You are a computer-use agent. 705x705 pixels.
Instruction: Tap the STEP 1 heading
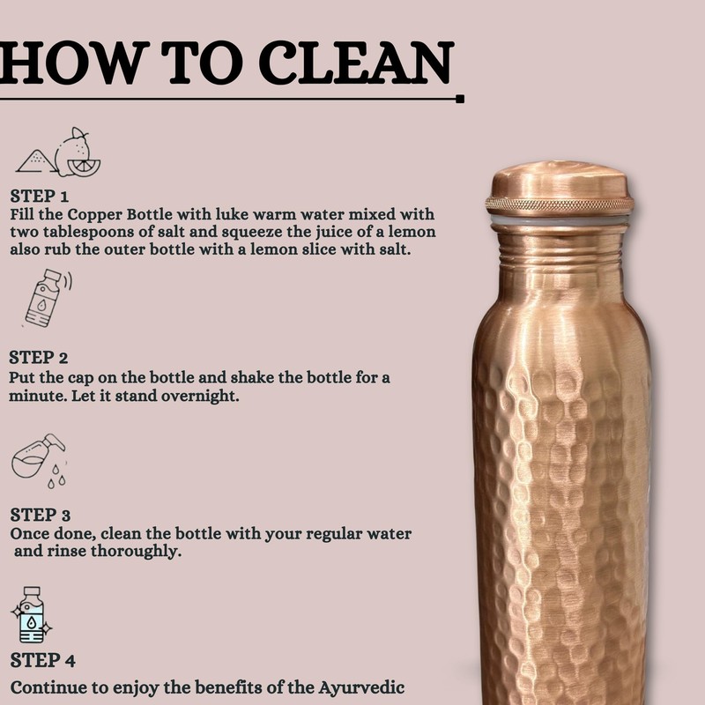click(x=39, y=196)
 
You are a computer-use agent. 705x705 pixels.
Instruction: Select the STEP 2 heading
click(x=39, y=358)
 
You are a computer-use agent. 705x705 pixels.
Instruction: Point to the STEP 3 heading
click(x=41, y=515)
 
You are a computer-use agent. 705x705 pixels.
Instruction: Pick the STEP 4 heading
click(x=41, y=659)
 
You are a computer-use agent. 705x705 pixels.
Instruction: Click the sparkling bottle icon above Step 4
click(x=33, y=614)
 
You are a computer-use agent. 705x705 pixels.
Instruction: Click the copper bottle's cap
click(x=560, y=180)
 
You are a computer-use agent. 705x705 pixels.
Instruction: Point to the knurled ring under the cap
click(x=560, y=205)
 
